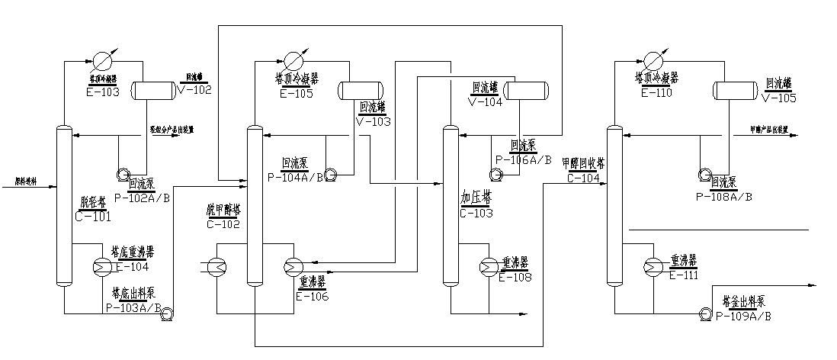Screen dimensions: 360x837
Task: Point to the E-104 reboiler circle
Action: coord(101,265)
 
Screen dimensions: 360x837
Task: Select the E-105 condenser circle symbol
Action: coord(292,60)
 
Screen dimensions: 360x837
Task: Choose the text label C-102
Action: coord(223,224)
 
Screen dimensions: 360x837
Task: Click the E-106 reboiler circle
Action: coord(293,265)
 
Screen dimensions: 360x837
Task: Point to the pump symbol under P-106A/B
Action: coord(497,174)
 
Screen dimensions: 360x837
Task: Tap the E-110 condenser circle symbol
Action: coord(653,60)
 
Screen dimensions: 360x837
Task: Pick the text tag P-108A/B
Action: coord(724,196)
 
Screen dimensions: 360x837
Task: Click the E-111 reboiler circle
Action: coord(653,265)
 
